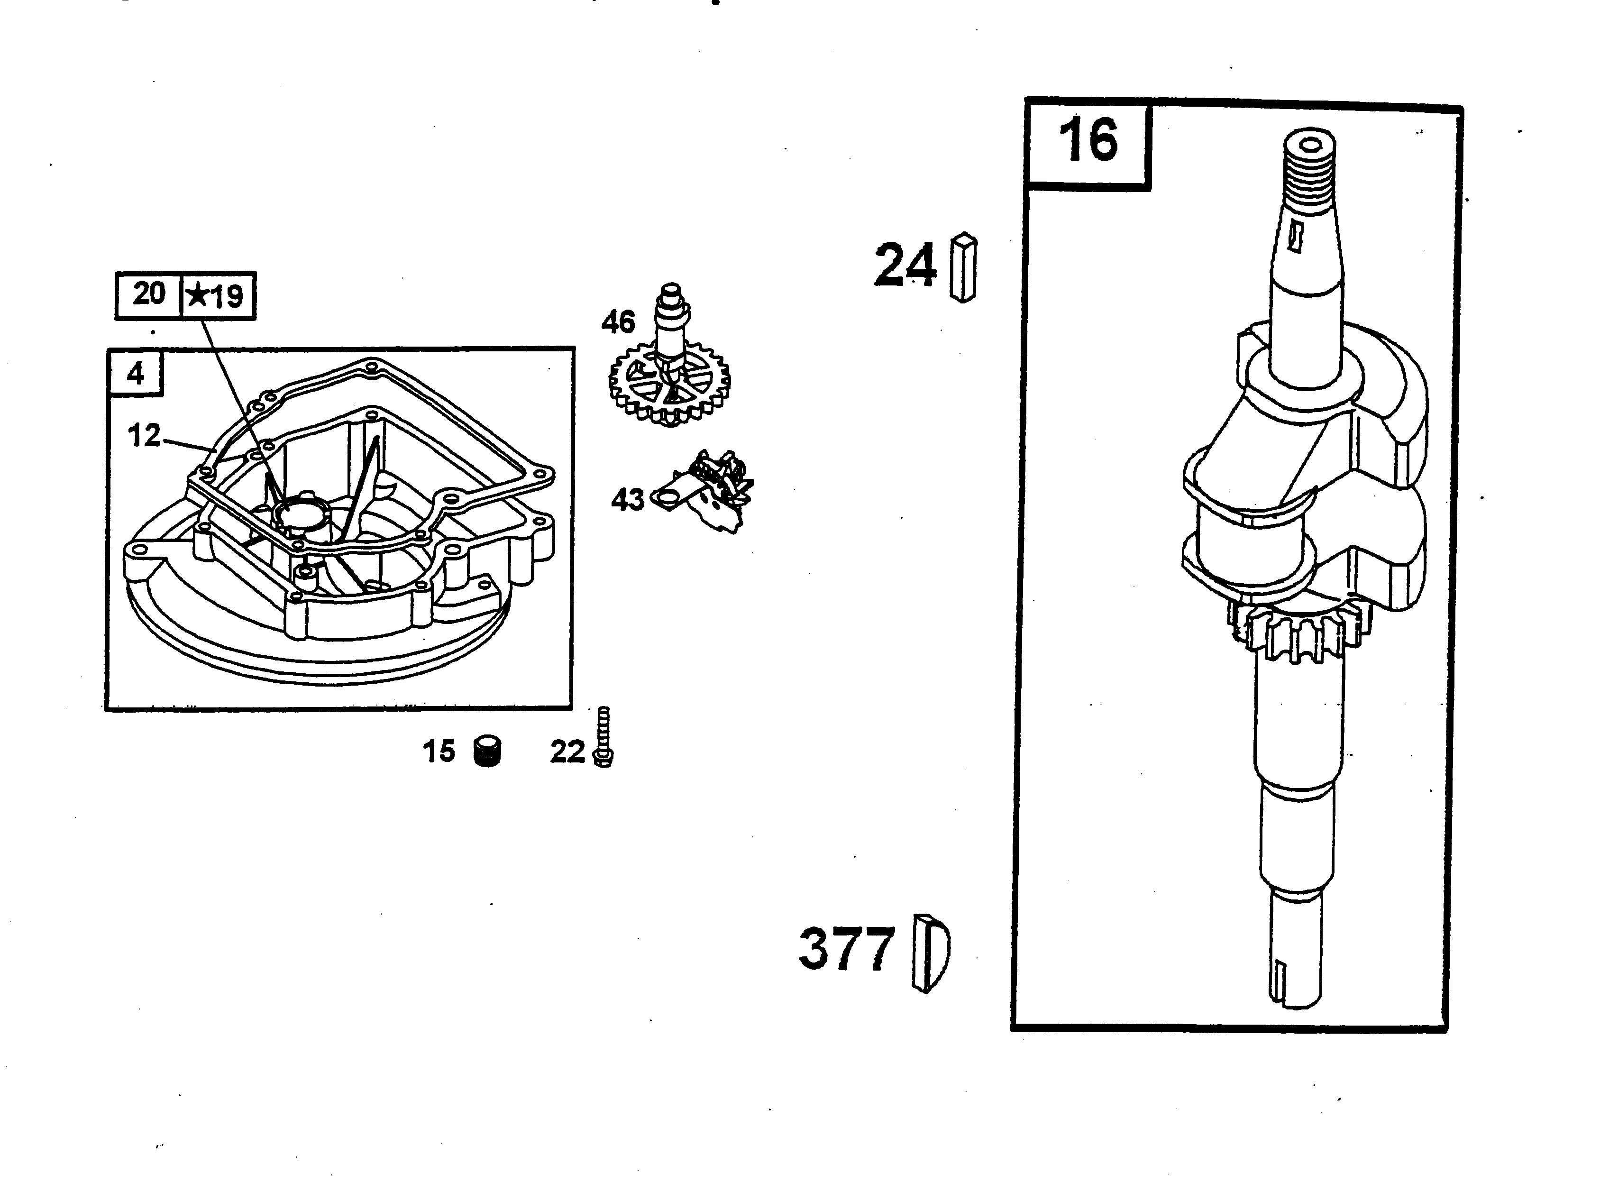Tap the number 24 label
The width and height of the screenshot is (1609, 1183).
click(905, 265)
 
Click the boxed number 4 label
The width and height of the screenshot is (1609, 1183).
click(135, 374)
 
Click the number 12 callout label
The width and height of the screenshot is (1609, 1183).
click(144, 435)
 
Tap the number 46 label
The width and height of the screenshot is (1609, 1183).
click(618, 323)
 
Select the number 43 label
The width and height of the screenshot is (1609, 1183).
click(627, 500)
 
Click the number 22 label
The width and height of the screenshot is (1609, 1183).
click(567, 752)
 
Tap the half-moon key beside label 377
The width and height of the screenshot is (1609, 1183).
click(930, 953)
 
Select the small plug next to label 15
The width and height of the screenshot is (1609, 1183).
click(488, 752)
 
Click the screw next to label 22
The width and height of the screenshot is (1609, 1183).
click(603, 738)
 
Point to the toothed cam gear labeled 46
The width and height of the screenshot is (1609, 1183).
click(669, 387)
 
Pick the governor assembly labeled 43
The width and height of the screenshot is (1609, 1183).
click(713, 491)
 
